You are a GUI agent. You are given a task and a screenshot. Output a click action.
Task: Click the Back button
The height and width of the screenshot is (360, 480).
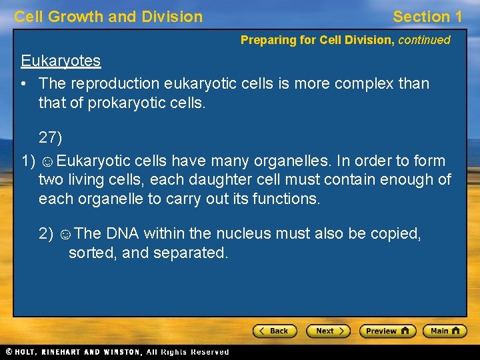(x=274, y=331)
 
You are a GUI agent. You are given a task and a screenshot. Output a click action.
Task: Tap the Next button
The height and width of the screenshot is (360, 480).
(x=328, y=331)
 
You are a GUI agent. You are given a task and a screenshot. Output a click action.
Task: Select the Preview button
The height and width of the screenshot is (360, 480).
(x=387, y=331)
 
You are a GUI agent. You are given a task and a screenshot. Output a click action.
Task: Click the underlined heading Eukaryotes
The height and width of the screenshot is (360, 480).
(x=61, y=61)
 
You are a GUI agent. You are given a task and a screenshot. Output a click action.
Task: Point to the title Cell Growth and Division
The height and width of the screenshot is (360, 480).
(x=108, y=17)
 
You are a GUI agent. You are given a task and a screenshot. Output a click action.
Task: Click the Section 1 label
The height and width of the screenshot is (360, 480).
(x=427, y=17)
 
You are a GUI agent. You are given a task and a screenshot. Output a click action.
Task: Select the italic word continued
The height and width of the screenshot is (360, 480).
(x=424, y=40)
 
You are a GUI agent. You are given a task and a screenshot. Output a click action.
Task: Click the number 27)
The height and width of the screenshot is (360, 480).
(x=50, y=138)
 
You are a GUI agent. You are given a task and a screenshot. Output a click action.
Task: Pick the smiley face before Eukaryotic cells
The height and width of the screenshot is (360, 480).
(x=47, y=161)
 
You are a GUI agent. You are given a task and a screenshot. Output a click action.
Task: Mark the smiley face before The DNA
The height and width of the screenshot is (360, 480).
(x=65, y=234)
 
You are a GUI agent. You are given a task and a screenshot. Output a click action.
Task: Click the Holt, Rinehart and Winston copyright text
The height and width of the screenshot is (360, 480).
(x=117, y=351)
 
